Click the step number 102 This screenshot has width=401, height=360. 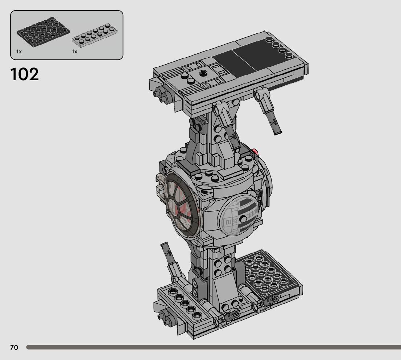click(x=25, y=74)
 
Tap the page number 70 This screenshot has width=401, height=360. click(x=14, y=347)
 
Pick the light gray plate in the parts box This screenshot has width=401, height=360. click(x=95, y=36)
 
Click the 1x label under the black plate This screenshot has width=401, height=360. click(x=19, y=52)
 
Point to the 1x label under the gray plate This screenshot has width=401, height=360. click(x=74, y=52)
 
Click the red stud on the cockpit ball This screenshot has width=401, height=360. click(x=255, y=152)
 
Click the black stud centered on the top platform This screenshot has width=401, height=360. click(x=203, y=73)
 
